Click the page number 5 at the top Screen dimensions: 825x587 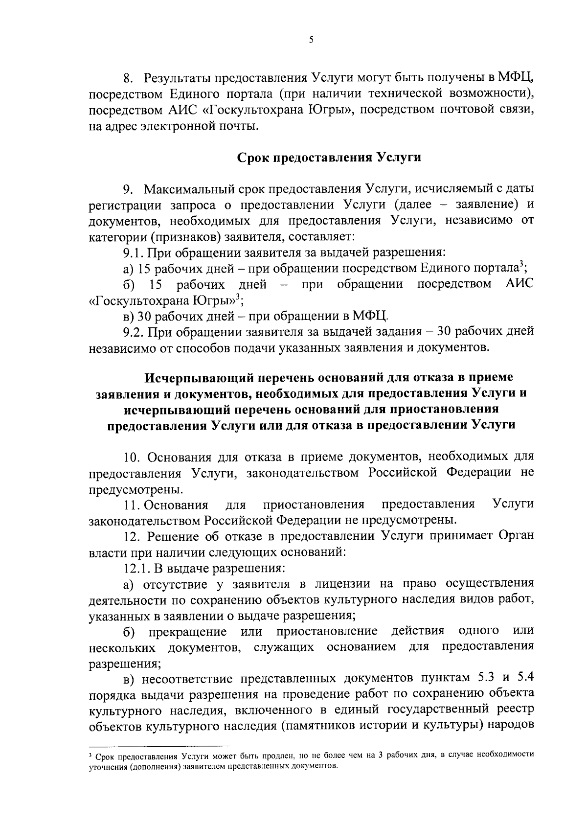tap(311, 41)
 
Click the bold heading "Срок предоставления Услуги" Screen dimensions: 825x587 tap(329, 158)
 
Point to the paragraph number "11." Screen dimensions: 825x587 tap(131, 504)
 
